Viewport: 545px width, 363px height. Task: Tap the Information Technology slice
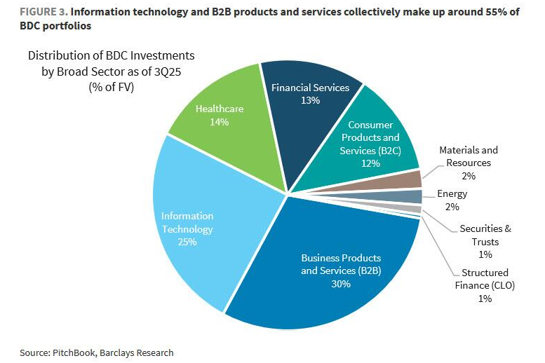[x=189, y=217]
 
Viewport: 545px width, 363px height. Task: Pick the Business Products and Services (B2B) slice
[x=330, y=280]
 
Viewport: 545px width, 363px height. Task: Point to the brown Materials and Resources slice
[x=412, y=179]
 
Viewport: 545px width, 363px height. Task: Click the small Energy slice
[x=414, y=197]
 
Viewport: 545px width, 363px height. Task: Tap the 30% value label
[x=341, y=284]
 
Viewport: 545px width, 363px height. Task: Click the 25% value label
[x=187, y=242]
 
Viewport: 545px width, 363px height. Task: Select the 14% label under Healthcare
[x=218, y=122]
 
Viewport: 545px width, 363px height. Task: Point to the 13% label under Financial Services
[x=310, y=100]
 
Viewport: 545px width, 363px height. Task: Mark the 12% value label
[x=370, y=163]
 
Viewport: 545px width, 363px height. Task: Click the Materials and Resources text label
[x=469, y=156]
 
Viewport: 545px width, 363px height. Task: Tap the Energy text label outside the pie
[x=452, y=194]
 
